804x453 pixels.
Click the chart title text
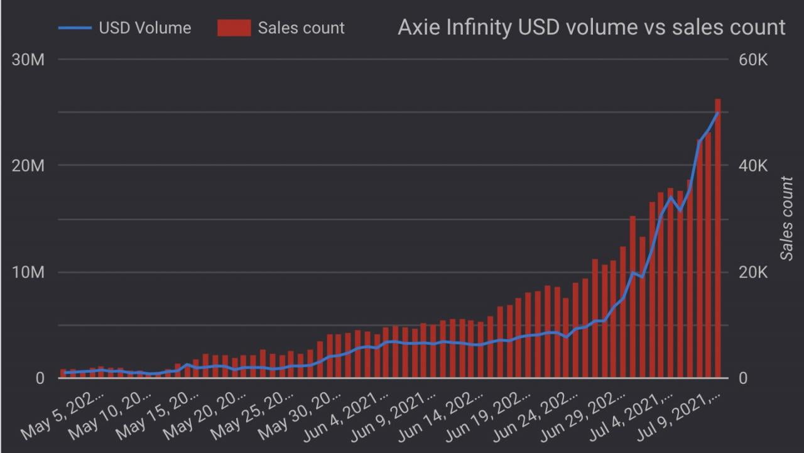pyautogui.click(x=591, y=27)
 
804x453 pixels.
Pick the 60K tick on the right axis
pyautogui.click(x=753, y=60)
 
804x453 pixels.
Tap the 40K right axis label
pyautogui.click(x=753, y=166)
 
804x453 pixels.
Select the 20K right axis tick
pyautogui.click(x=753, y=273)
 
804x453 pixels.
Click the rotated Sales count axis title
pyautogui.click(x=786, y=218)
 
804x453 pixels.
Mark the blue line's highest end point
pyautogui.click(x=717, y=113)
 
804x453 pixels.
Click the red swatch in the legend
pyautogui.click(x=234, y=28)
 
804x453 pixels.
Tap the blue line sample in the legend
pyautogui.click(x=75, y=28)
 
